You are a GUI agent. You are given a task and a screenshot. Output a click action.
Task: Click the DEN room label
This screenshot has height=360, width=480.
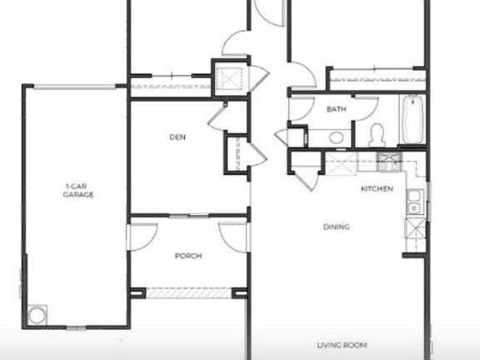tap(177, 137)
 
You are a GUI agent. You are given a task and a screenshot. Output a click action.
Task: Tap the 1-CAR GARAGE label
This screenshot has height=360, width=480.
tap(78, 190)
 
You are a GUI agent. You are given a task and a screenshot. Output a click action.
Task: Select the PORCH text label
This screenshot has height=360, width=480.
tap(187, 256)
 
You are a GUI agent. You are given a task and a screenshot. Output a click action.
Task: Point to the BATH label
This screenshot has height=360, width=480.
tap(336, 109)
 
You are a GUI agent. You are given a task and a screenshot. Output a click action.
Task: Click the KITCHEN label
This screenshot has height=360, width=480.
tap(377, 189)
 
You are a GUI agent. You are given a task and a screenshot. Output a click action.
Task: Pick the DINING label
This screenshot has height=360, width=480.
tap(337, 227)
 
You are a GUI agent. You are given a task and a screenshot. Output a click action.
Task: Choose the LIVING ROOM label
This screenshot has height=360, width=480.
tap(342, 344)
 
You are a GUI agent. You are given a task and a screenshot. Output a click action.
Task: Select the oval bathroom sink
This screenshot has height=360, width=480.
tap(336, 137)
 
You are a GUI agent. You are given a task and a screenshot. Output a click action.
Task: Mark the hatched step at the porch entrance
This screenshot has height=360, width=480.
tap(187, 292)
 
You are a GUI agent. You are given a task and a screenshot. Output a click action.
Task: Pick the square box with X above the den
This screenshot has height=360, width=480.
tap(227, 78)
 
